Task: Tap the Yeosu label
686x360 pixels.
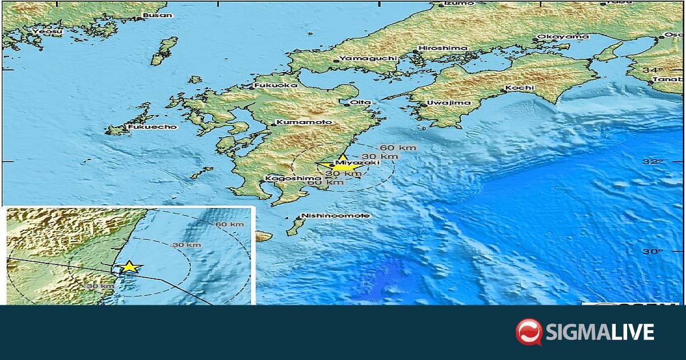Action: tap(45, 31)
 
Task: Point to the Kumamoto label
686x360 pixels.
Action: tap(296, 122)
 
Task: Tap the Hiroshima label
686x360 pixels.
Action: tap(443, 48)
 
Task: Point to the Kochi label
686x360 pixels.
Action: tap(520, 88)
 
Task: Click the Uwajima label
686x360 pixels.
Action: tap(449, 103)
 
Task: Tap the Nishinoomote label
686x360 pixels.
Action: tap(336, 215)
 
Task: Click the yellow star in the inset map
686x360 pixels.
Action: tap(130, 267)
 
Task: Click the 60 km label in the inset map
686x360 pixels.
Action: tap(229, 224)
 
